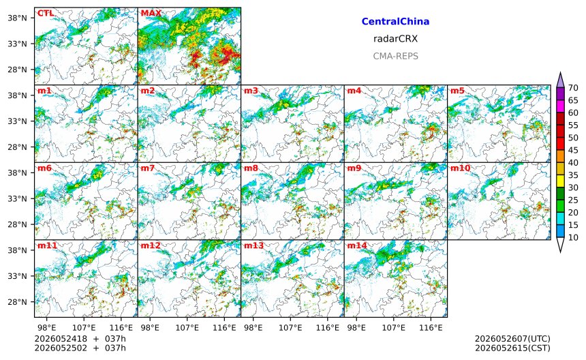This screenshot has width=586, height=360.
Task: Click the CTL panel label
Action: pyautogui.click(x=46, y=13)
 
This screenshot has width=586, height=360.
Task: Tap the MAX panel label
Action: pyautogui.click(x=151, y=13)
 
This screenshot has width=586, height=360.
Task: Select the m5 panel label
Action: pyautogui.click(x=457, y=91)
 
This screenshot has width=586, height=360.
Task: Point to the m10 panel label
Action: pyautogui.click(x=460, y=168)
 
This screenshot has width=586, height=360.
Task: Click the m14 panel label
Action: pyautogui.click(x=357, y=245)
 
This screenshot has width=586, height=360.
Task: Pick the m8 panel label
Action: pyautogui.click(x=251, y=168)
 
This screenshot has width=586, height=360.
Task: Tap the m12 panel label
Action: pyautogui.click(x=150, y=245)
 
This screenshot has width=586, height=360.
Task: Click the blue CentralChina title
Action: pyautogui.click(x=395, y=21)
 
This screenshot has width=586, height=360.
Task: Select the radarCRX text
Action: pyautogui.click(x=395, y=39)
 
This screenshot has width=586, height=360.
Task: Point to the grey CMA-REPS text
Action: pyautogui.click(x=395, y=56)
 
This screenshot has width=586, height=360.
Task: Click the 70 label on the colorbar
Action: pyautogui.click(x=573, y=88)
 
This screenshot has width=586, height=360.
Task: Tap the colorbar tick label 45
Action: pyautogui.click(x=573, y=150)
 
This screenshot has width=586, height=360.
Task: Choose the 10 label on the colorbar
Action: pyautogui.click(x=573, y=237)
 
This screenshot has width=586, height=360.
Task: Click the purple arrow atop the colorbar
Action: pyautogui.click(x=560, y=80)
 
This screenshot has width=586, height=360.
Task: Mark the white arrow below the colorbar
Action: pyautogui.click(x=560, y=245)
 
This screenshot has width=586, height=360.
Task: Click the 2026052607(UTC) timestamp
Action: pyautogui.click(x=512, y=339)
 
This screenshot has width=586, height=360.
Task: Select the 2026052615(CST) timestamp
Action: pyautogui.click(x=512, y=348)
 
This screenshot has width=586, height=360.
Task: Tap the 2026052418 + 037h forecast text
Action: pyautogui.click(x=80, y=339)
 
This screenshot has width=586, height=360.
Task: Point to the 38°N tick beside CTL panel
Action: pyautogui.click(x=17, y=18)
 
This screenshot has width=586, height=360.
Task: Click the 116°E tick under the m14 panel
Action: pyautogui.click(x=431, y=328)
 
